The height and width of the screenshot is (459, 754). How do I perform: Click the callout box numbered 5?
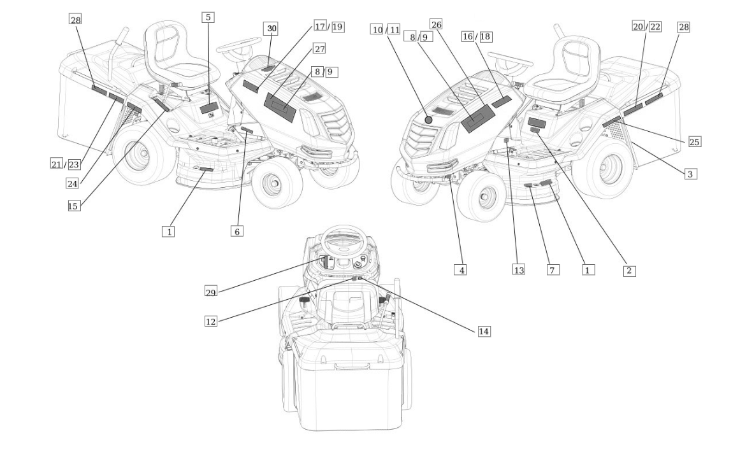(x=208, y=17)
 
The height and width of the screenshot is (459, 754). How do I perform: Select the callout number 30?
(x=272, y=29)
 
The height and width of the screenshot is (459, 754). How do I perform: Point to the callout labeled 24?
(x=73, y=183)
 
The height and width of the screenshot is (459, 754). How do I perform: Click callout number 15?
(x=74, y=206)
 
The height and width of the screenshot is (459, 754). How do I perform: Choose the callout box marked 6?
(x=236, y=231)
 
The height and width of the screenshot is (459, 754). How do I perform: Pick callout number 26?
(x=436, y=24)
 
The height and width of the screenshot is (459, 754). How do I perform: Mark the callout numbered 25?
(x=694, y=141)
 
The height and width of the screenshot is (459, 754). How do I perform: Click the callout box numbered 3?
(x=690, y=173)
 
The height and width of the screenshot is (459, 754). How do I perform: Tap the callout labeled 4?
(x=460, y=270)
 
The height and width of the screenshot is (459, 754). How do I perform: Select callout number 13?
(x=519, y=270)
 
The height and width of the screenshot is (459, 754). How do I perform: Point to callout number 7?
(x=553, y=270)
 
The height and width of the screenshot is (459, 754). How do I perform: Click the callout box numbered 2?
(x=628, y=271)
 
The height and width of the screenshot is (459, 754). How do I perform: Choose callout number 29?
(x=211, y=292)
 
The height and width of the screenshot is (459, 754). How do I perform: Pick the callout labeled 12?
(x=210, y=321)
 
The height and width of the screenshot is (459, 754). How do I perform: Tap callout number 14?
(x=484, y=331)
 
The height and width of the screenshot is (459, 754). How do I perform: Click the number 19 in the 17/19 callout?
(x=337, y=27)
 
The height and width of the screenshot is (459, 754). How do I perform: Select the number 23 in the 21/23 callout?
(x=74, y=164)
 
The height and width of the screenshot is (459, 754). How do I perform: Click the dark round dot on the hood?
(x=428, y=120)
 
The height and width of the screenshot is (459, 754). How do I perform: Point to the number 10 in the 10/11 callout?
(x=377, y=29)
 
